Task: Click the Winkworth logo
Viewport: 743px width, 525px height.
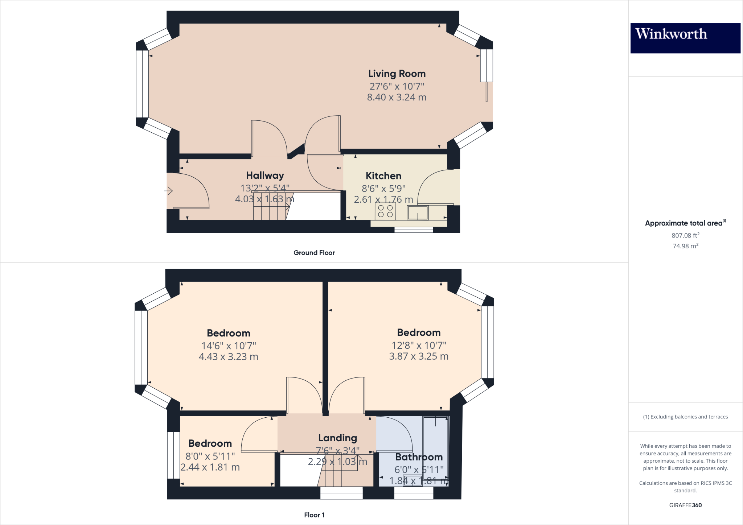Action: coord(685,38)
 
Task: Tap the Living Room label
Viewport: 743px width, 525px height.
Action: coord(397,74)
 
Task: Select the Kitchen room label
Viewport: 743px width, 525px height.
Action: coord(383,176)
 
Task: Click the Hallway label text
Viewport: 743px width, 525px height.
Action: coord(265,175)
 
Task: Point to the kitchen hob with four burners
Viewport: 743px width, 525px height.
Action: coord(385,211)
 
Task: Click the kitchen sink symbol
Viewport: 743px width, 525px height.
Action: coord(418,212)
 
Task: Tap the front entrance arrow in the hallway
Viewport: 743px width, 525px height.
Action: coord(168,191)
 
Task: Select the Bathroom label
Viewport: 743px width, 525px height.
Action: coord(419,457)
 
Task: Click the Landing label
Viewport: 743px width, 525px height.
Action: coord(337,438)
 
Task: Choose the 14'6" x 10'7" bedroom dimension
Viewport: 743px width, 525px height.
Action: coord(229,346)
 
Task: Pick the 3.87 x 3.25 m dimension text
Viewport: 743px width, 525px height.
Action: coord(419,356)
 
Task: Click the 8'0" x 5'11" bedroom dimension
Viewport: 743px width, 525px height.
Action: coord(210,456)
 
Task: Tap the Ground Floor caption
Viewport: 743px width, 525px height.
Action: coord(314,253)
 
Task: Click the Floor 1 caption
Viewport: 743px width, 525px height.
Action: coord(314,515)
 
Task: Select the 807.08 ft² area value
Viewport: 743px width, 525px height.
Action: coord(685,235)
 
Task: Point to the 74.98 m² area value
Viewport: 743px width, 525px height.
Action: coord(685,246)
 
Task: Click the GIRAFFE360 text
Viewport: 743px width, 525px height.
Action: coord(685,505)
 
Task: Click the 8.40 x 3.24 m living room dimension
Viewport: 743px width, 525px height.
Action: coord(397,97)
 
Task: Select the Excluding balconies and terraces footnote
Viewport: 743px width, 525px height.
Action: coord(685,417)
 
